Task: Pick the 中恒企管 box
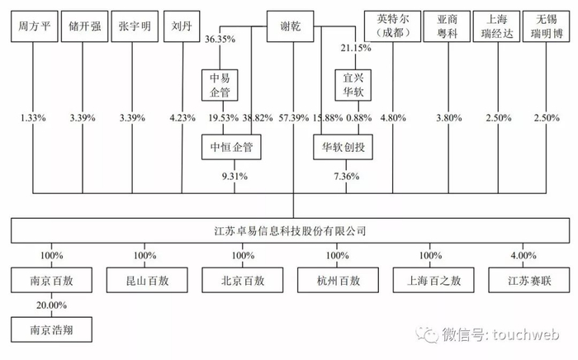[234, 148]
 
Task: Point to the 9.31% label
[234, 176]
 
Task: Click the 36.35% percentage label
[220, 40]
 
